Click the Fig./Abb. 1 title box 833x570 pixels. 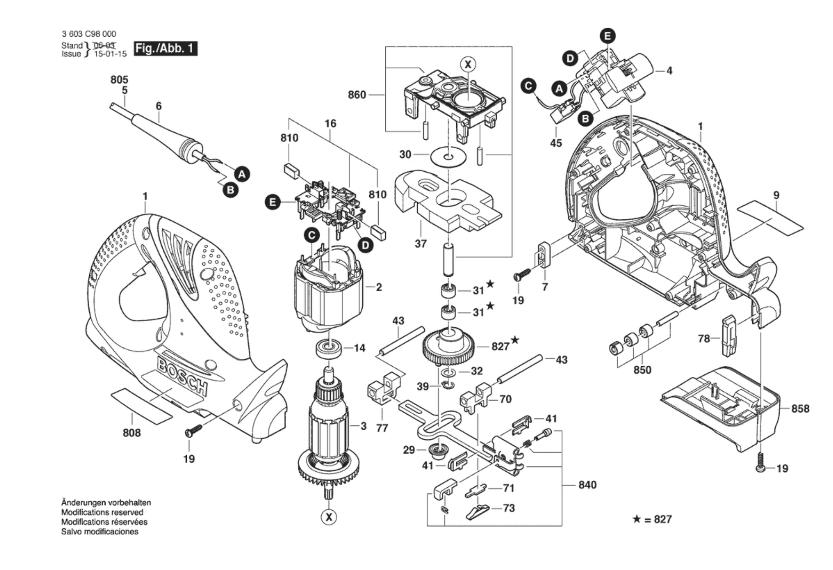[x=165, y=48]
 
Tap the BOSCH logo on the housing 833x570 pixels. [x=182, y=376]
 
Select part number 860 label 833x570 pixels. [x=357, y=95]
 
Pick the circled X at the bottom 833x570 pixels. [x=329, y=517]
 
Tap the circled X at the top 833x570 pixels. [x=468, y=64]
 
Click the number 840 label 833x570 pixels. [x=587, y=485]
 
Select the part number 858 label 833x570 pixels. [x=800, y=409]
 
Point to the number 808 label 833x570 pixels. [x=132, y=433]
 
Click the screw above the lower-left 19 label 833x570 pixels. [x=193, y=431]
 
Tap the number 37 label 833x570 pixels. [x=421, y=244]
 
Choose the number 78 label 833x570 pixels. [x=704, y=338]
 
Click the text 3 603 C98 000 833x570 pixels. [x=89, y=34]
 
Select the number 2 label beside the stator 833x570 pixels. [x=379, y=287]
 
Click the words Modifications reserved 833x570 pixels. [x=102, y=512]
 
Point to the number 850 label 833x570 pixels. [x=642, y=370]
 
